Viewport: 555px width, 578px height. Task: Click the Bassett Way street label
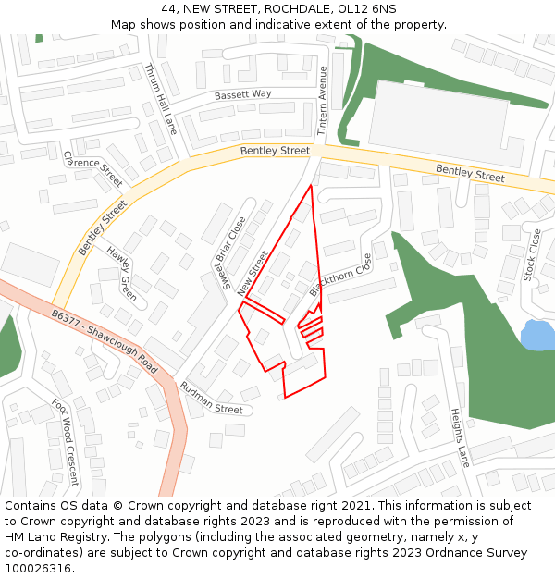242,94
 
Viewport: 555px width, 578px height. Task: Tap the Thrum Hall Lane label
160,99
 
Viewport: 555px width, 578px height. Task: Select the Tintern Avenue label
323,101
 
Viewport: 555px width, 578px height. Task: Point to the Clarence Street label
92,168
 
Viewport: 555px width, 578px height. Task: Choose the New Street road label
253,273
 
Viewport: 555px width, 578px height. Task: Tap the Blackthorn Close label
340,276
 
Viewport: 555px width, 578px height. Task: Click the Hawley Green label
121,274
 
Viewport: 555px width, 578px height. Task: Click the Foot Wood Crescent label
65,442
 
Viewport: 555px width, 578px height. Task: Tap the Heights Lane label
460,437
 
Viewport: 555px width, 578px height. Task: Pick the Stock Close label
532,254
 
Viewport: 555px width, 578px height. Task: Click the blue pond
536,335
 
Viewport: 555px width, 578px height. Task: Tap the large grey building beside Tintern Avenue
438,124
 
